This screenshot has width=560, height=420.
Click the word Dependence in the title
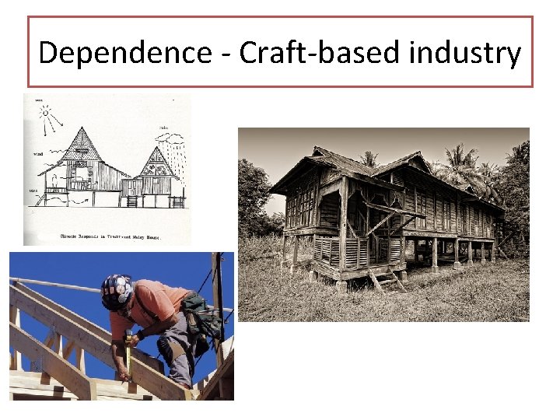pyautogui.click(x=124, y=53)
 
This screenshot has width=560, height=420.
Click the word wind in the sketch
pyautogui.click(x=38, y=154)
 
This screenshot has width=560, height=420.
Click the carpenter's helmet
pyautogui.click(x=114, y=291)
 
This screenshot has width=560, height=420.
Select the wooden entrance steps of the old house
pyautogui.click(x=384, y=278)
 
